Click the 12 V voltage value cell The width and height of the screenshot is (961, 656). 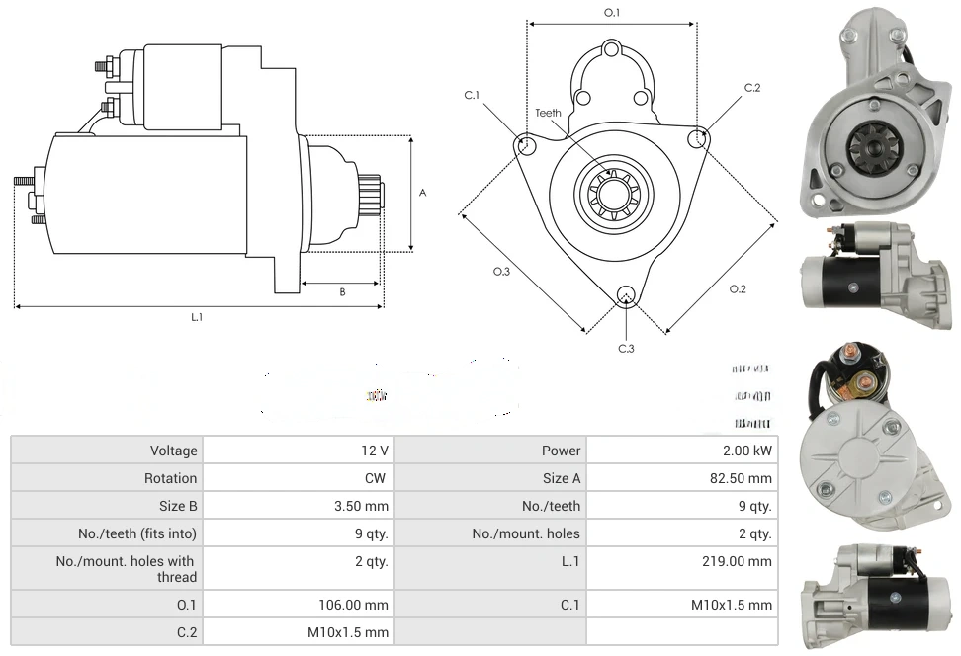[x=375, y=451]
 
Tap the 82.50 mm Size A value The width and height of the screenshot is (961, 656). [x=746, y=478]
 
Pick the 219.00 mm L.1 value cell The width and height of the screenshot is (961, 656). [x=743, y=561]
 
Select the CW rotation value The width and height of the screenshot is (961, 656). [x=378, y=478]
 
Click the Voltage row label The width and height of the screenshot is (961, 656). [x=173, y=451]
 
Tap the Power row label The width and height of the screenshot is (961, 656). [x=561, y=451]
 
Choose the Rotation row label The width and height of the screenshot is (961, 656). [x=170, y=478]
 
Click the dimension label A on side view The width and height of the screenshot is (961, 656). [x=422, y=194]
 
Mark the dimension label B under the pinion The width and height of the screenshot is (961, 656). [x=342, y=292]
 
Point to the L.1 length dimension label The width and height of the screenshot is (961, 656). [x=197, y=317]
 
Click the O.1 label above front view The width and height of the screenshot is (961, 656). [x=612, y=13]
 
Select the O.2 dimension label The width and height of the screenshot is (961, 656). [x=738, y=289]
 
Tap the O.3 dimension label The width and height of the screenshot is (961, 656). [x=501, y=273]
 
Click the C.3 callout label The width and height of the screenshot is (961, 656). [x=626, y=348]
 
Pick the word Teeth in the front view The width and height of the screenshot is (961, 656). [x=549, y=113]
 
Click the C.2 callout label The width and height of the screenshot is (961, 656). [x=752, y=88]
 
